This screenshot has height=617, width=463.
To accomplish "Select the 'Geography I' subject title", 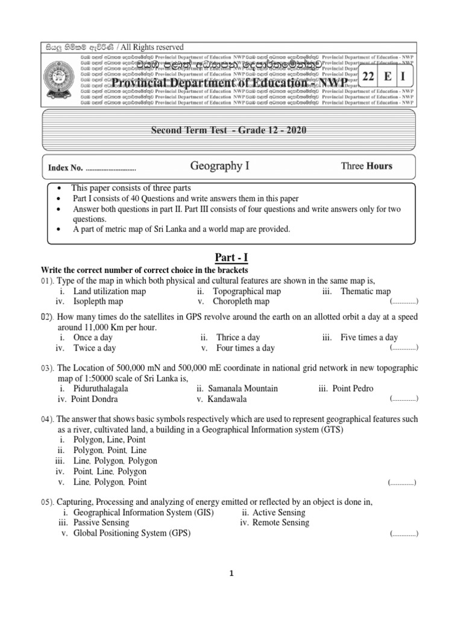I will (219, 165).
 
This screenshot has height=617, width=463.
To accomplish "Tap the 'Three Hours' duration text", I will (367, 166).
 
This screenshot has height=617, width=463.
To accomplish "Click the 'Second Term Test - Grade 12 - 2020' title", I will (224, 132).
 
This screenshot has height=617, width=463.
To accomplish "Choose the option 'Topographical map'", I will (247, 291).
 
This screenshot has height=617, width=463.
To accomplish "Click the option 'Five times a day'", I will (368, 337).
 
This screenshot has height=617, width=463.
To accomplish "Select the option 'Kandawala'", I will (230, 399).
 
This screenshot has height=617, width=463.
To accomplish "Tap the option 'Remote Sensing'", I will (280, 522).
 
